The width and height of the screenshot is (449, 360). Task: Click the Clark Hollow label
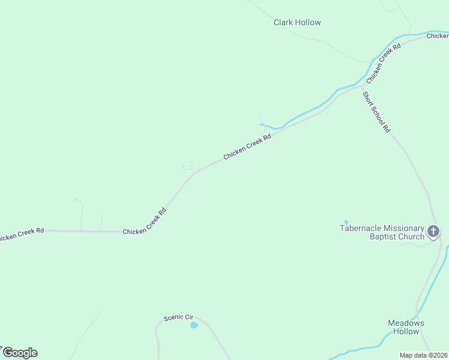(x=297, y=23)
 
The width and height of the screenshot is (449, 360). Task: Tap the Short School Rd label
(x=376, y=112)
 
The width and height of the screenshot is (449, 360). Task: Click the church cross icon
(x=433, y=231)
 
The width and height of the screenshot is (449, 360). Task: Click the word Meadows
(x=406, y=323)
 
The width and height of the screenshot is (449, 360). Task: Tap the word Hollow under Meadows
(x=406, y=332)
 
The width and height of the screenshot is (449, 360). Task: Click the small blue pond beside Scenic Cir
(x=194, y=325)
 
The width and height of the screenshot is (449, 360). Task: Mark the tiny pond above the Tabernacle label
(x=346, y=222)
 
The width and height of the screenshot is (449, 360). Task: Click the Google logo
(x=20, y=353)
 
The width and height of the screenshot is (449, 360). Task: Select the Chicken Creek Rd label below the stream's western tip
(x=247, y=147)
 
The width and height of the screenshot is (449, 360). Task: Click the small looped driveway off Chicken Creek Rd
(x=188, y=166)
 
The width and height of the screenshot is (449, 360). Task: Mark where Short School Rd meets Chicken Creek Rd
(x=362, y=86)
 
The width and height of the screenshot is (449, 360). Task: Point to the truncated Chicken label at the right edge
(x=438, y=37)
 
